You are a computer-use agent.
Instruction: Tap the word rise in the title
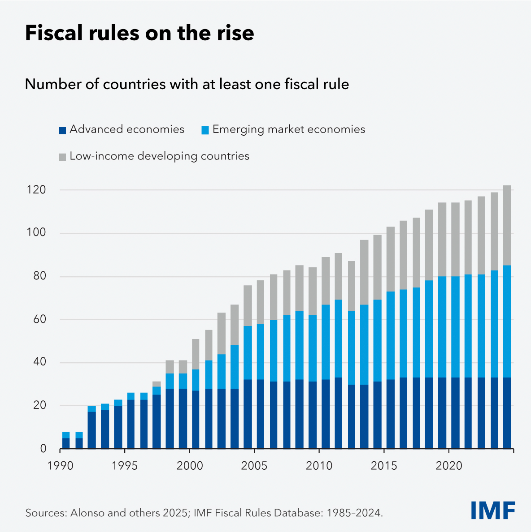[x=235, y=33]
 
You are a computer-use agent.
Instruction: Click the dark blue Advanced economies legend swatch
[x=62, y=130]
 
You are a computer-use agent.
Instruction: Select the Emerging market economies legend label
[x=289, y=129]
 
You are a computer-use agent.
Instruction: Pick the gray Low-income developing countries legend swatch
[x=62, y=157]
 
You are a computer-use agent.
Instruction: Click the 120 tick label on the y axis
[x=36, y=190]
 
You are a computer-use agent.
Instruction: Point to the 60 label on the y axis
[x=39, y=319]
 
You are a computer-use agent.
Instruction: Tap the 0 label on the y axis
[x=44, y=449]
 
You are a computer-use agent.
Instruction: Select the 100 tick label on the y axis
[x=36, y=233]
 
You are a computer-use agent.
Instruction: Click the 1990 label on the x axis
[x=60, y=466]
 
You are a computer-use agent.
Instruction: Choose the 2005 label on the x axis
[x=254, y=466]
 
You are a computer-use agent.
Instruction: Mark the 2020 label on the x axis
[x=449, y=466]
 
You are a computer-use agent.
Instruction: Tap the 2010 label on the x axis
[x=319, y=466]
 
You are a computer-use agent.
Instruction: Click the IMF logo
[x=493, y=511]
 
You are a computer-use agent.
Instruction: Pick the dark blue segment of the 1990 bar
[x=66, y=443]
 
